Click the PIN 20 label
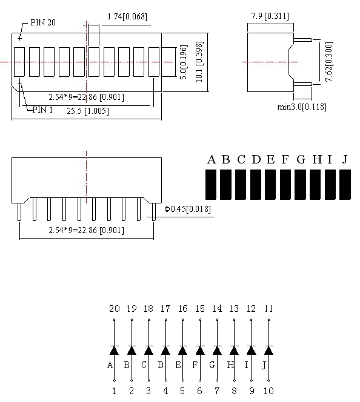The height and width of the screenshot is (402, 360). click(44, 23)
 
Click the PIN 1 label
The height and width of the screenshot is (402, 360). click(42, 110)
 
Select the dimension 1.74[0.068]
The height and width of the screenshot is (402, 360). click(127, 16)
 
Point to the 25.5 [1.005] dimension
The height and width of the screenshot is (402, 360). click(88, 111)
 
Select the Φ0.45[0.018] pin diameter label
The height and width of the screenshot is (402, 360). click(188, 209)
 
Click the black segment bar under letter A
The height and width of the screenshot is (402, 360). click(212, 185)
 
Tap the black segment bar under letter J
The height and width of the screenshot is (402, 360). click(345, 185)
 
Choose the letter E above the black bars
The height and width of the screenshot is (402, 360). click(270, 159)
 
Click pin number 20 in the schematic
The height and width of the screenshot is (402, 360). click(114, 309)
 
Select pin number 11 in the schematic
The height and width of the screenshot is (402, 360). click(268, 309)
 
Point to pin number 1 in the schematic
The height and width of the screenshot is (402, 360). click(114, 391)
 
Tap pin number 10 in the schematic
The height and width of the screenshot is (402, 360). click(268, 391)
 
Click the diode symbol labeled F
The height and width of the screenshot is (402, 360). click(199, 350)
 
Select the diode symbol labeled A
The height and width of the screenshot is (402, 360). click(114, 350)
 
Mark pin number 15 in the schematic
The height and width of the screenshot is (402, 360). click(199, 309)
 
